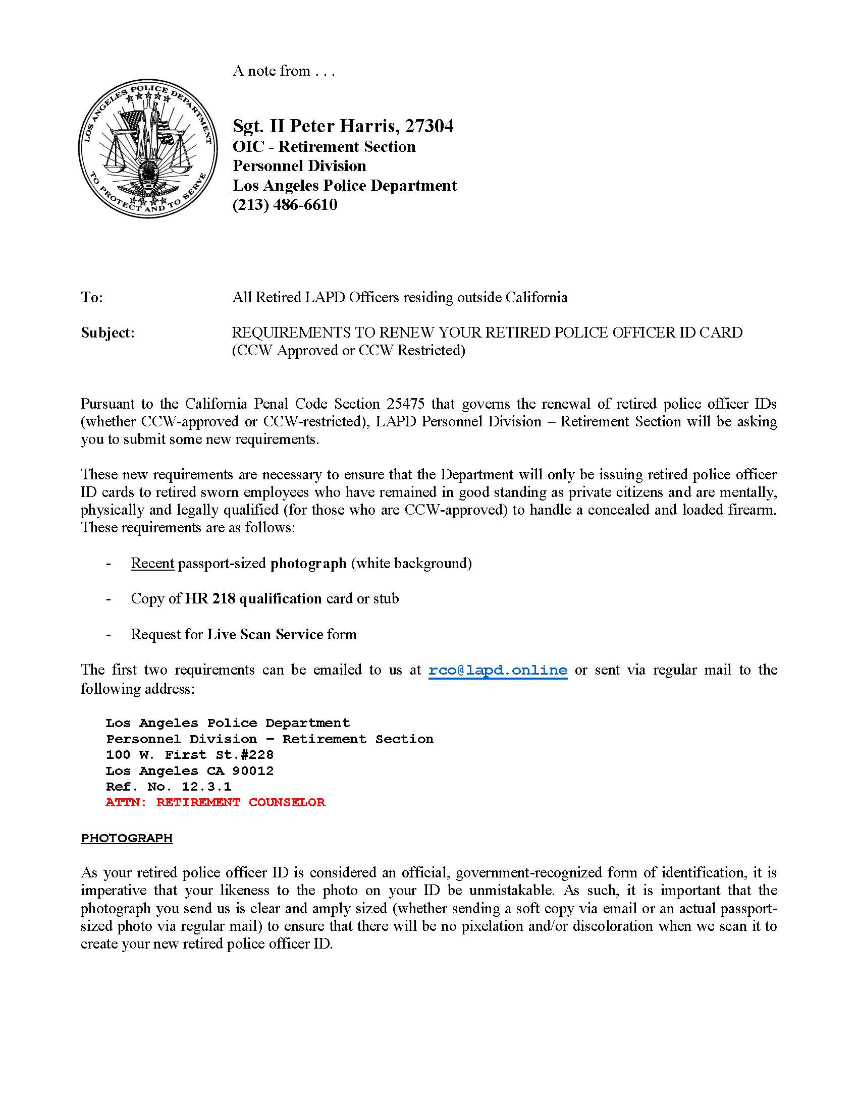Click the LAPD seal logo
coord(148,148)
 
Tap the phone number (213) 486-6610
coord(285,204)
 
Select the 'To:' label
coord(92,297)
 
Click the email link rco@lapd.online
coord(498,671)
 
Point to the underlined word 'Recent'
coord(152,563)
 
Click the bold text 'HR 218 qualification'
coord(253,599)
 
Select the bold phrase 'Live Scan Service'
coord(265,634)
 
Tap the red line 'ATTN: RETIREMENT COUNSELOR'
coord(215,803)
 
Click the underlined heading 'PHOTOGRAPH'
coord(127,838)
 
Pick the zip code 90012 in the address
coord(253,771)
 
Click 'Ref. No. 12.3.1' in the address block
coord(168,787)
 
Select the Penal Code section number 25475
coord(405,404)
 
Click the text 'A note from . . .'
coord(284,71)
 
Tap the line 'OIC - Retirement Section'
coord(324,146)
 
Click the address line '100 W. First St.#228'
coord(190,755)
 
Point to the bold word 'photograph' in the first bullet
coord(308,563)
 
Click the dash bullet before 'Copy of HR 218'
coord(109,599)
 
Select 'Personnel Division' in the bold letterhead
coord(299,165)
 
